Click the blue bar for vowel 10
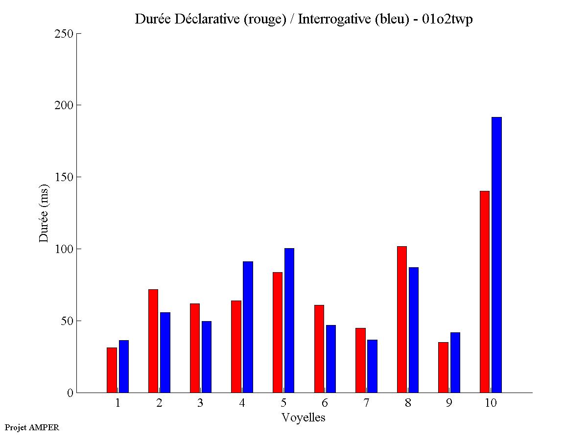click(496, 255)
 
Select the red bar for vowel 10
click(485, 292)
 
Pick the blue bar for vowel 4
click(248, 327)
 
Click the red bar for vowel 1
click(112, 370)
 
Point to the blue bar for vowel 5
click(289, 320)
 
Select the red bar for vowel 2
click(153, 341)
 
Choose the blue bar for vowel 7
click(372, 366)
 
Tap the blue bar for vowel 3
click(207, 357)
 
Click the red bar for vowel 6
click(319, 348)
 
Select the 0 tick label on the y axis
click(70, 393)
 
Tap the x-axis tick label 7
click(366, 403)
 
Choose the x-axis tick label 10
click(491, 403)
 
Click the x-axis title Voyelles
click(304, 418)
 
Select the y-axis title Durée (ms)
click(44, 212)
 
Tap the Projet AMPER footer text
click(32, 427)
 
